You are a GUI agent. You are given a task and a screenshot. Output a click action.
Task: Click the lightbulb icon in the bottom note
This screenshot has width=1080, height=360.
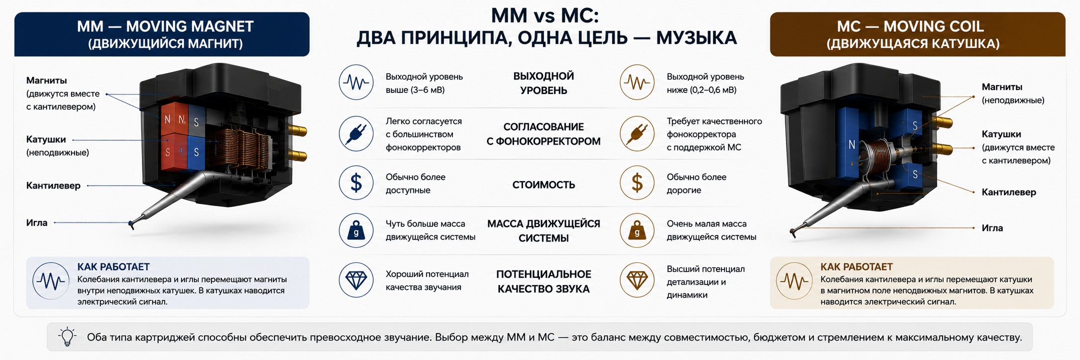(x=67, y=337)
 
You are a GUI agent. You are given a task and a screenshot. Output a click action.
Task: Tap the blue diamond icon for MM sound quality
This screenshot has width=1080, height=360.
(x=356, y=280)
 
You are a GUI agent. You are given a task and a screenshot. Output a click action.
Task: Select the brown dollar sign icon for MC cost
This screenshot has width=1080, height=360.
(x=637, y=183)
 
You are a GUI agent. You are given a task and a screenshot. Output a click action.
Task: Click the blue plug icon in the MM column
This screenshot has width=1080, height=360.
(x=356, y=134)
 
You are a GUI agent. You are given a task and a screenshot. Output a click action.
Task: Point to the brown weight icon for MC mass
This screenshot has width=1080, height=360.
(x=637, y=230)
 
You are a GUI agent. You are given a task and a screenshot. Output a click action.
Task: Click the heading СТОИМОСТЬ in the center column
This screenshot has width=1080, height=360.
(x=543, y=185)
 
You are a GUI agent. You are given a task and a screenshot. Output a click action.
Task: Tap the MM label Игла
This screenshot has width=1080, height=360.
(x=37, y=223)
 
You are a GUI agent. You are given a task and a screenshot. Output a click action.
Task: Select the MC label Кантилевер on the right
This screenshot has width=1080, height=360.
(x=1009, y=192)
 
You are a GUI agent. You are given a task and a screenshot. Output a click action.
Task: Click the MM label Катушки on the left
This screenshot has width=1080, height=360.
(x=46, y=140)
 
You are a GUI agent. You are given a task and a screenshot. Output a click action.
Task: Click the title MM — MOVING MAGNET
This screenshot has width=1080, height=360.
(x=165, y=26)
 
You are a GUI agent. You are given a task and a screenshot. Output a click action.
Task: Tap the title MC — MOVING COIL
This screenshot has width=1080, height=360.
(x=910, y=26)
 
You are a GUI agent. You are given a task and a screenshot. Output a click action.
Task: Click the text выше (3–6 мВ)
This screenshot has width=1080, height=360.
(x=415, y=90)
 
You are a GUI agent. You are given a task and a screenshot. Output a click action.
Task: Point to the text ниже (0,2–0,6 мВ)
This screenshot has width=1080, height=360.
(x=702, y=90)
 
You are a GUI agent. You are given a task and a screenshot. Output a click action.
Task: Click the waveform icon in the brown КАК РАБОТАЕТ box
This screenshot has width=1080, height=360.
(x=794, y=281)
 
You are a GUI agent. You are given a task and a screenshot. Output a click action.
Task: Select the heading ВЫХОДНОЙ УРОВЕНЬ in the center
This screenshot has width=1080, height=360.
(x=543, y=83)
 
